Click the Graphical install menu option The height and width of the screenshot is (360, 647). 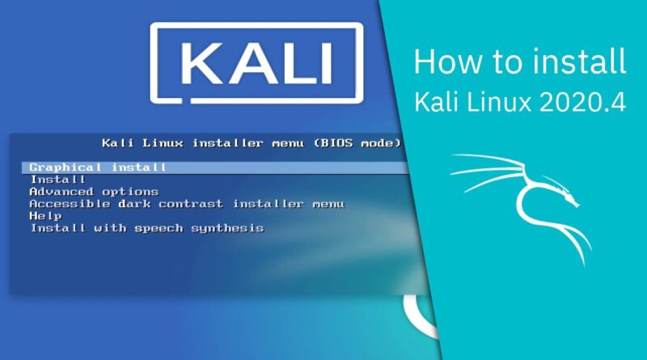coord(98,167)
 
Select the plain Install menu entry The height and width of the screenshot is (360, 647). coord(57,180)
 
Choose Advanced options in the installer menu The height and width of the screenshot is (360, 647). coord(94,192)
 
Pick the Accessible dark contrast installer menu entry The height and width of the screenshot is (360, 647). coord(187,204)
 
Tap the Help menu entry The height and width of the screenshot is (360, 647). coord(45,216)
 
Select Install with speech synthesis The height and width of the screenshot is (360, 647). coord(147,228)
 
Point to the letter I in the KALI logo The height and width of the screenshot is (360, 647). coord(327,63)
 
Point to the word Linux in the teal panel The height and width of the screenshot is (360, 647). coord(499,102)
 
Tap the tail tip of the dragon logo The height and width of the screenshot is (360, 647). coord(584,265)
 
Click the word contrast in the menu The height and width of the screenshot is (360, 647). coord(191,204)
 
